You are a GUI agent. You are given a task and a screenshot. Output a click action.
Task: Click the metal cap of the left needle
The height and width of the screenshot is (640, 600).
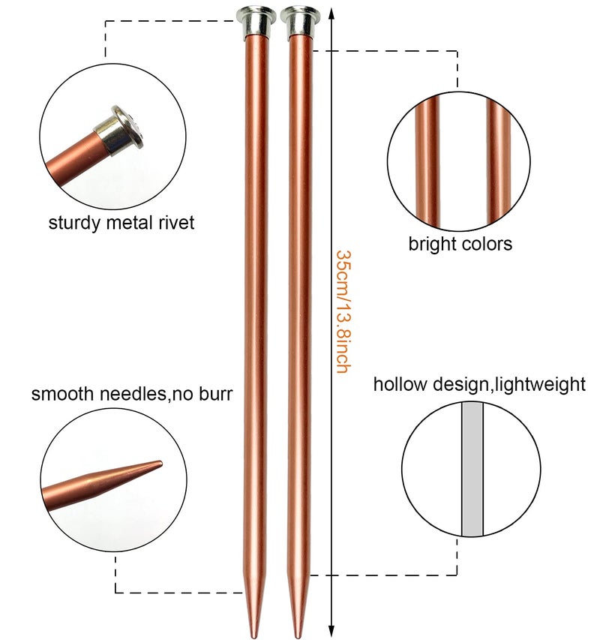coord(256,22)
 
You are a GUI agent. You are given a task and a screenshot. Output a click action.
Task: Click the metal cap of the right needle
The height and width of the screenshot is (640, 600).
coord(300,22)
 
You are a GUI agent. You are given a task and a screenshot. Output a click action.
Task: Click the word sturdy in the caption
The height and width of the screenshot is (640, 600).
coord(75,224)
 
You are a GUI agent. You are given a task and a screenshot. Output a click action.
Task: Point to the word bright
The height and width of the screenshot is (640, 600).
coord(432,244)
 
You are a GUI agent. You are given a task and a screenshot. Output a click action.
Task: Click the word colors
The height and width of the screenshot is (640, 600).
coord(486,244)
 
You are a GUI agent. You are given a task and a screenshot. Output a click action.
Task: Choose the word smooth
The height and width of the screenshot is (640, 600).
coord(62,394)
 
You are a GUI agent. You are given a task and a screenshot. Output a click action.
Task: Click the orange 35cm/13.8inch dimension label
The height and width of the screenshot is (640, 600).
coord(343,312)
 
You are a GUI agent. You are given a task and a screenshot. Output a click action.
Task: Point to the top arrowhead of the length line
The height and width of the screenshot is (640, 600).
coord(331,13)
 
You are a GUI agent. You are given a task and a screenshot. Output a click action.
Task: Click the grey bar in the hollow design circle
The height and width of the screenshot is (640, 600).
coord(472,469)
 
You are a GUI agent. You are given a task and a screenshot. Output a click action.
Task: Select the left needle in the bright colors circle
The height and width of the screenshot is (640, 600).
coord(427,161)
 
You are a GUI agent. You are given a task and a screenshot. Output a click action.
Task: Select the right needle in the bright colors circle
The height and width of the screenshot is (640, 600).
coord(498,161)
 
